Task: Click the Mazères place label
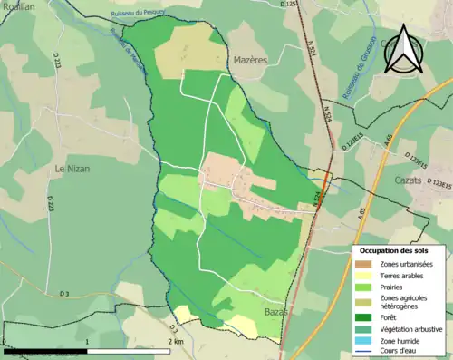(246, 56)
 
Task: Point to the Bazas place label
(273, 311)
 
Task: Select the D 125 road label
(289, 5)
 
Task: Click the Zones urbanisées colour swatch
(363, 264)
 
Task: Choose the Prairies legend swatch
(363, 287)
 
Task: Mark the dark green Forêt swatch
(363, 318)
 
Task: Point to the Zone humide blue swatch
(363, 342)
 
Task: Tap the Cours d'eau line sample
(363, 354)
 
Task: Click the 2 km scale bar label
(175, 341)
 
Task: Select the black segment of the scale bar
(45, 350)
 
